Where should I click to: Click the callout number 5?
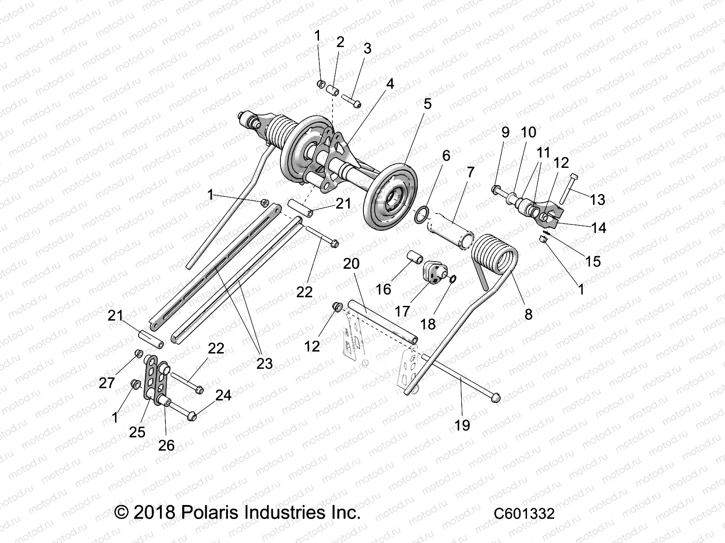coord(427,104)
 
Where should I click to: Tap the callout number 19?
coord(463,425)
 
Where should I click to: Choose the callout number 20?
coord(351,264)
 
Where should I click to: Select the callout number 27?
coord(107,383)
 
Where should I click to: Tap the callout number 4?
coord(390,84)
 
